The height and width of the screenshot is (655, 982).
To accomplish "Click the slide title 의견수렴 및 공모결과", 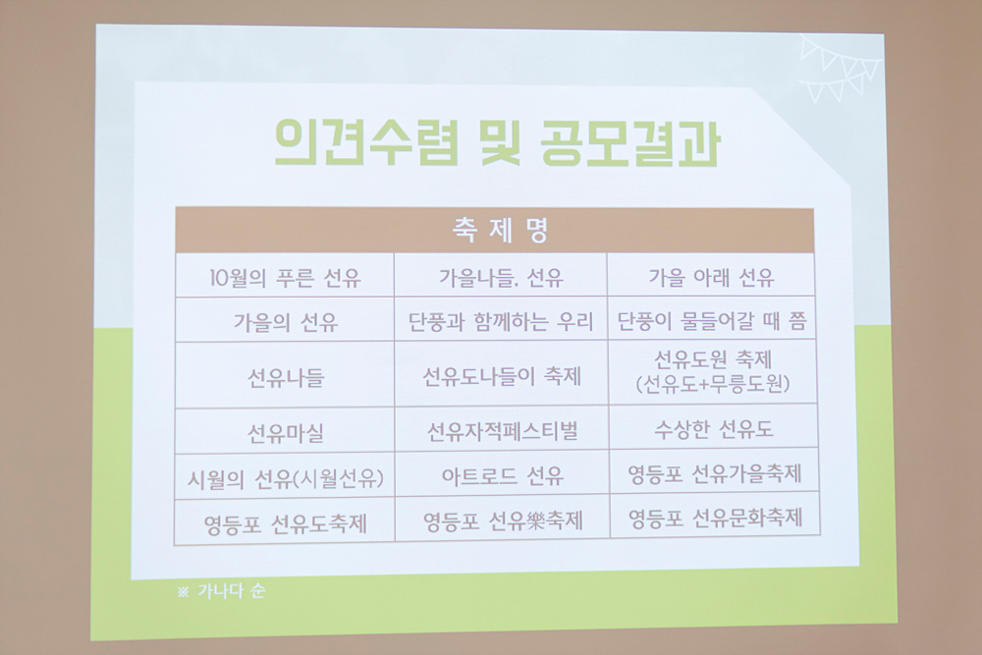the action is click(497, 143).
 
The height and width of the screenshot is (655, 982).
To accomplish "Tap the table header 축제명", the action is click(501, 230).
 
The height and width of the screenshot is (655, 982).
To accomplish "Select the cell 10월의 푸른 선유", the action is click(285, 277).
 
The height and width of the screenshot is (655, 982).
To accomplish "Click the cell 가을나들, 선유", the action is click(501, 277).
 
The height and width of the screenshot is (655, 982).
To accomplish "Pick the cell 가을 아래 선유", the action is click(711, 277).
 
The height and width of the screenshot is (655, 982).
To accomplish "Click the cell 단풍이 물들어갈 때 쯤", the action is click(712, 321).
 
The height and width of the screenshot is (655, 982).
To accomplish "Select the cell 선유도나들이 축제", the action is click(502, 376).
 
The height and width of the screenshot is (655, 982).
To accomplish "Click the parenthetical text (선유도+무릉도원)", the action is click(713, 384).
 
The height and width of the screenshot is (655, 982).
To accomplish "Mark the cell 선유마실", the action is click(286, 433).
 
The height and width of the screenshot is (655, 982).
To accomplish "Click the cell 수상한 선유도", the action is click(714, 429).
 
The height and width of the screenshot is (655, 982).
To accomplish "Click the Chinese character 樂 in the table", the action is click(535, 521).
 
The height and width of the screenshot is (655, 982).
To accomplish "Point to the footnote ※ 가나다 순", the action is click(222, 590).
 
